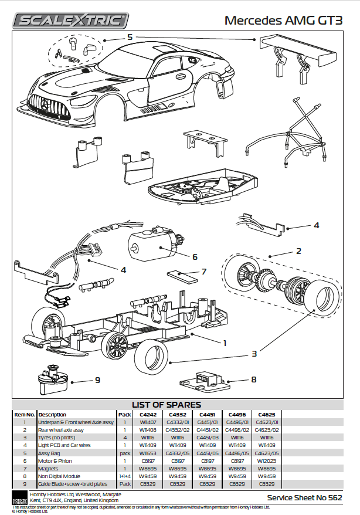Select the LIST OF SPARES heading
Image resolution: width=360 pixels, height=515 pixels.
[x=167, y=405]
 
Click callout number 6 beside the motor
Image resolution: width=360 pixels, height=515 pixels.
[x=195, y=257]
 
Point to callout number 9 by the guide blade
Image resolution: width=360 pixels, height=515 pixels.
[x=97, y=380]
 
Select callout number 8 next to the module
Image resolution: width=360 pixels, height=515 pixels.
[x=253, y=380]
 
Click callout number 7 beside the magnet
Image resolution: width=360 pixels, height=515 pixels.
[x=203, y=272]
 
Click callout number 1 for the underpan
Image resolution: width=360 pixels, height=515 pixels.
[x=225, y=342]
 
